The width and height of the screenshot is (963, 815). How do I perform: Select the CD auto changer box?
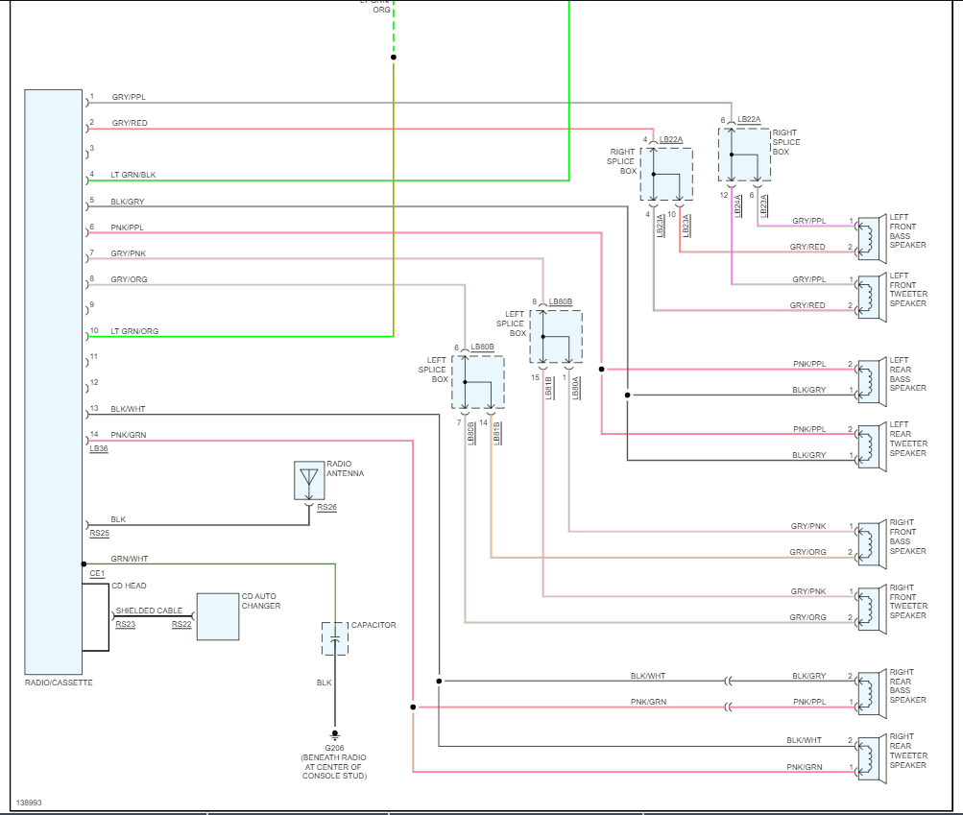[218, 616]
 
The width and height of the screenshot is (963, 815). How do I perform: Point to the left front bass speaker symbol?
[869, 237]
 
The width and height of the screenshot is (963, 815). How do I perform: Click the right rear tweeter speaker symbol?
[869, 755]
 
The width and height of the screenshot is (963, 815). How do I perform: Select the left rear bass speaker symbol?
[869, 379]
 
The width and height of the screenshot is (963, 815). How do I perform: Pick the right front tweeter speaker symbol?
[869, 607]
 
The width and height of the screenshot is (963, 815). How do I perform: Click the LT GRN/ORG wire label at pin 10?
[134, 331]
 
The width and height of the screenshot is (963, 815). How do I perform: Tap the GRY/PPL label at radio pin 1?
[129, 98]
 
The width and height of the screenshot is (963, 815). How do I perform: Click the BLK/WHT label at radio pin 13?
[128, 409]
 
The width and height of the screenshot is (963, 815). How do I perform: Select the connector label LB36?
[98, 448]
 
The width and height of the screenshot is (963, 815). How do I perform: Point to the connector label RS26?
[327, 507]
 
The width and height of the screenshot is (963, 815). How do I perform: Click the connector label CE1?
[97, 573]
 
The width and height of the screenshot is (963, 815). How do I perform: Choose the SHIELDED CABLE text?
[149, 611]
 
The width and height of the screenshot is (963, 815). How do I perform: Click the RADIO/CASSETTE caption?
[59, 683]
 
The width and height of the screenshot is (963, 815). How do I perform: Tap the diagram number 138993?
[30, 802]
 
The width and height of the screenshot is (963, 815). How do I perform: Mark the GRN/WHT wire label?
[130, 559]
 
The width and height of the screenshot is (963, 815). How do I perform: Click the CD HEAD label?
[129, 586]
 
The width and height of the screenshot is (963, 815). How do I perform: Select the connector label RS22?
[181, 624]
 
